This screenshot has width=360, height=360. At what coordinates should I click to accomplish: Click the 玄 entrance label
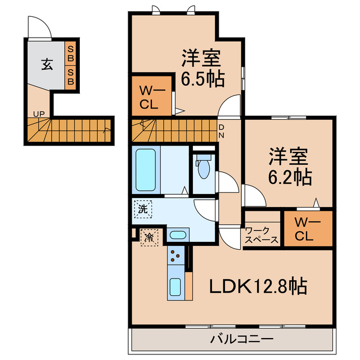47,64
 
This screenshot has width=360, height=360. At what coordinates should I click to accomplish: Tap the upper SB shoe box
70,54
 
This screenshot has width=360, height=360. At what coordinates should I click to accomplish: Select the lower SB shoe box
70,78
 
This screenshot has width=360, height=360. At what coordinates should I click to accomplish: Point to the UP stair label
39,114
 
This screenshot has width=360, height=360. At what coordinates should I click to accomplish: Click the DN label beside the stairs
221,131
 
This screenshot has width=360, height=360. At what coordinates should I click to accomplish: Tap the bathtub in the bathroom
146,170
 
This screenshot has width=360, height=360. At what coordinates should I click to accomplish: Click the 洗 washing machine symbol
143,209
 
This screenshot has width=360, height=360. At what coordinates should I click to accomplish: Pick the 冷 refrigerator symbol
149,237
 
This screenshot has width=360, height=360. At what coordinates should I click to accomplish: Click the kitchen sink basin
175,287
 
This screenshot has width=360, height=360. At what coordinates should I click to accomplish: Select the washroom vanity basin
178,235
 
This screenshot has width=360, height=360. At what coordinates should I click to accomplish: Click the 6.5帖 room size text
202,79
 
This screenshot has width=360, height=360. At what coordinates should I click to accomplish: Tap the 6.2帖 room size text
290,177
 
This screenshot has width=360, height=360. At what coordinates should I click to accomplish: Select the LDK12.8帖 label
259,286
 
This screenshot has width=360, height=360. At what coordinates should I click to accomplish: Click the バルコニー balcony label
242,339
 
